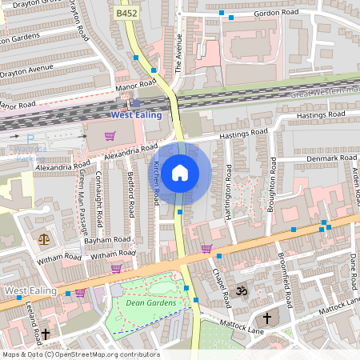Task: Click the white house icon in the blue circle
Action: pyautogui.click(x=181, y=172)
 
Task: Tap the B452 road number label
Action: pyautogui.click(x=126, y=14)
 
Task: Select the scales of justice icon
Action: pyautogui.click(x=43, y=238)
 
